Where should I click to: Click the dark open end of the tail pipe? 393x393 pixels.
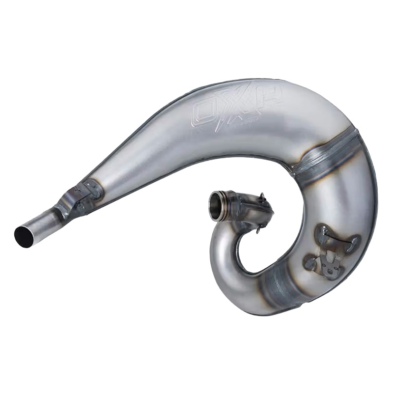pos(23,235)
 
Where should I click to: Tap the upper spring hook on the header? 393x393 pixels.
pos(264,198)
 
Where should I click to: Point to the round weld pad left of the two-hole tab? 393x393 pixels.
pos(309,263)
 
